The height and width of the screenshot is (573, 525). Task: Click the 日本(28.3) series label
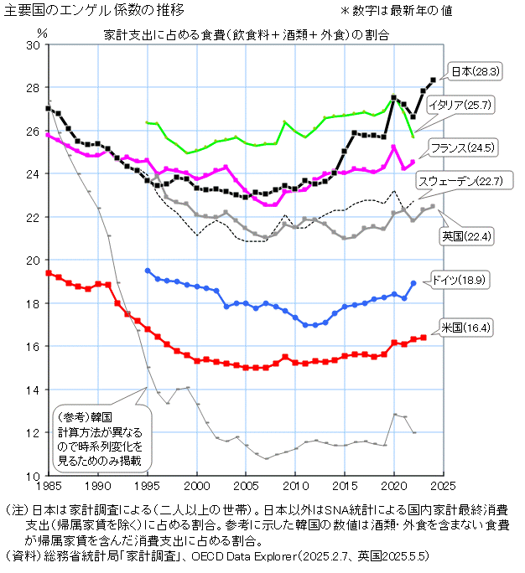[x=475, y=72]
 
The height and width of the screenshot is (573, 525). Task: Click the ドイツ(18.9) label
[x=459, y=279]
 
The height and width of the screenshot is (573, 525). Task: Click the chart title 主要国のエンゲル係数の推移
[x=94, y=11]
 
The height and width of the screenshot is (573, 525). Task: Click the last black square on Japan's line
[x=433, y=80]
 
